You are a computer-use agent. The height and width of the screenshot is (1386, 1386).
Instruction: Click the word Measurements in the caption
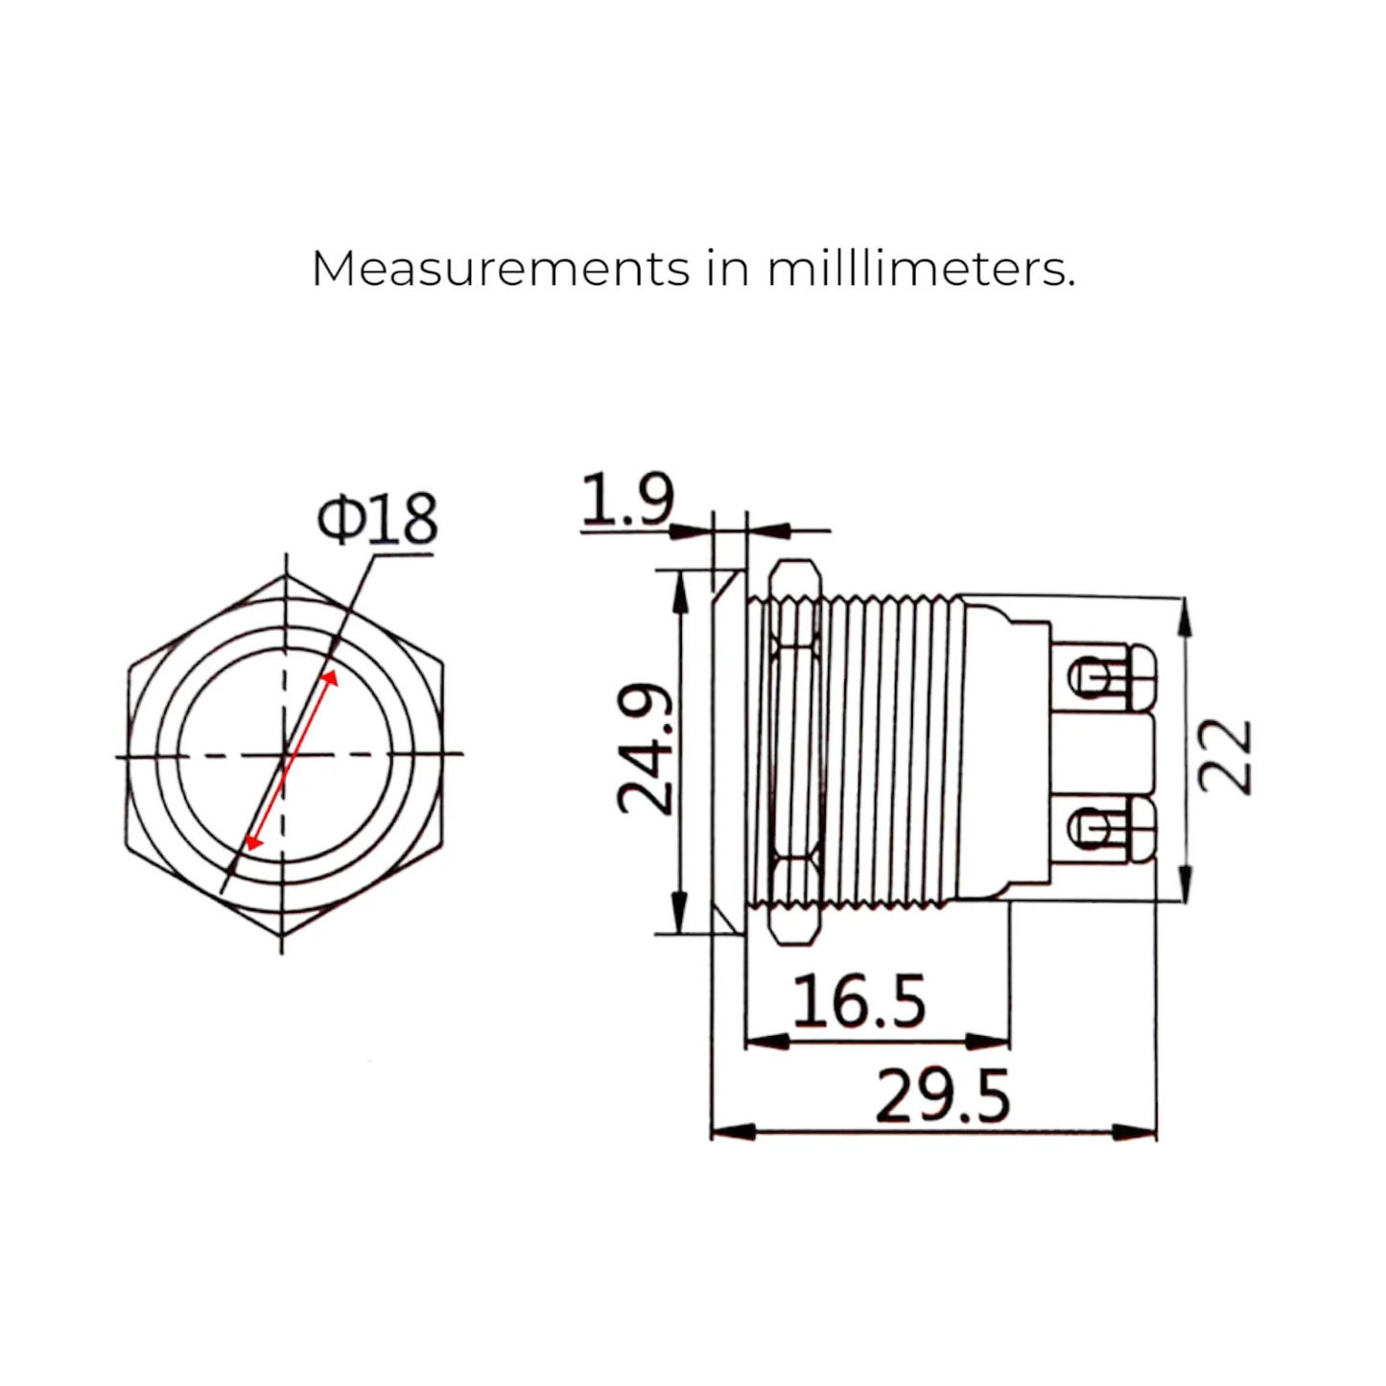click(x=500, y=269)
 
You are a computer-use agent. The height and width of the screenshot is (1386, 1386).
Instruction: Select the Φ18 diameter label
click(x=377, y=519)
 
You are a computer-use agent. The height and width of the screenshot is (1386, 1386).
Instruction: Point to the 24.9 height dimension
click(x=645, y=749)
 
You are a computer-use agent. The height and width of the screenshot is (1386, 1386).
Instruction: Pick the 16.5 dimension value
click(x=858, y=1000)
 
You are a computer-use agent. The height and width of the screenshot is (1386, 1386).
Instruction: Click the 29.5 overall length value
click(x=942, y=1096)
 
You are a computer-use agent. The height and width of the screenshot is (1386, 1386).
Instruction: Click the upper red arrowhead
click(x=330, y=680)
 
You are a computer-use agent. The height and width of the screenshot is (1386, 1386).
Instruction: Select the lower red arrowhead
click(x=253, y=841)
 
